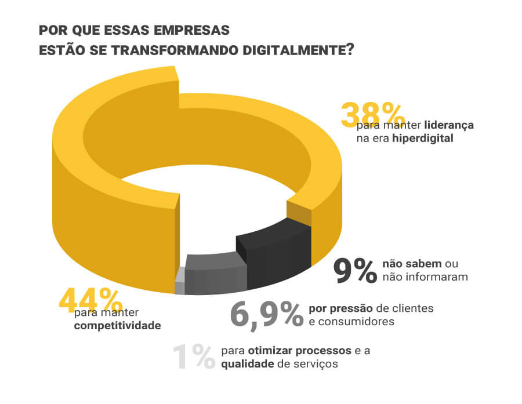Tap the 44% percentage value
tap(90, 301)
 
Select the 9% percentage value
tap(355, 270)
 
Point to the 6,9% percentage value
tap(266, 314)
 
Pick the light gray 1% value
tap(194, 356)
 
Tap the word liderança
tap(449, 125)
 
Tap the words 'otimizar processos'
tap(300, 351)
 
